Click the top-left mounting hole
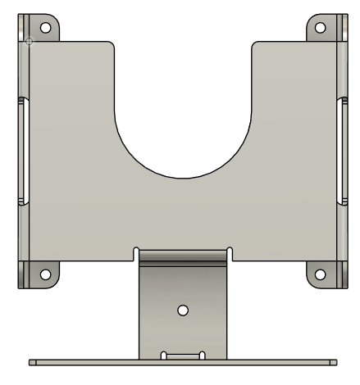tap(45, 26)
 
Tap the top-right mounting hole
tap(318, 26)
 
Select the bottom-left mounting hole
tap(46, 274)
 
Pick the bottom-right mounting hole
tap(318, 274)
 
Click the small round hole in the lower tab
tap(182, 310)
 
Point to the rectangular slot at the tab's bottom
tap(182, 356)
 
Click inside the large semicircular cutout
tap(182, 123)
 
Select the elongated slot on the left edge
tap(22, 152)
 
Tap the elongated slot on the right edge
tap(340, 152)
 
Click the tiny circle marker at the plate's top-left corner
tap(30, 40)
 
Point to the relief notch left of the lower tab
tap(134, 252)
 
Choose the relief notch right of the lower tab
tap(230, 252)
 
